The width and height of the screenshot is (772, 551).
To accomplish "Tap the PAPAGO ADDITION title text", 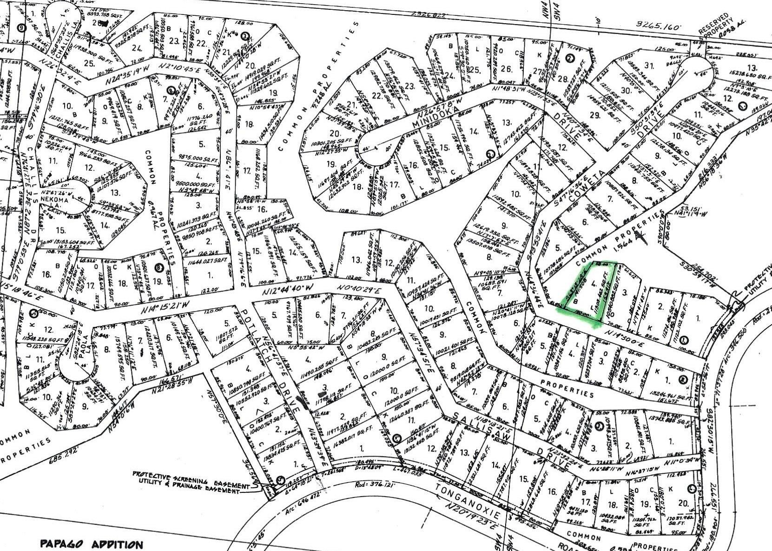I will click(x=92, y=544).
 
